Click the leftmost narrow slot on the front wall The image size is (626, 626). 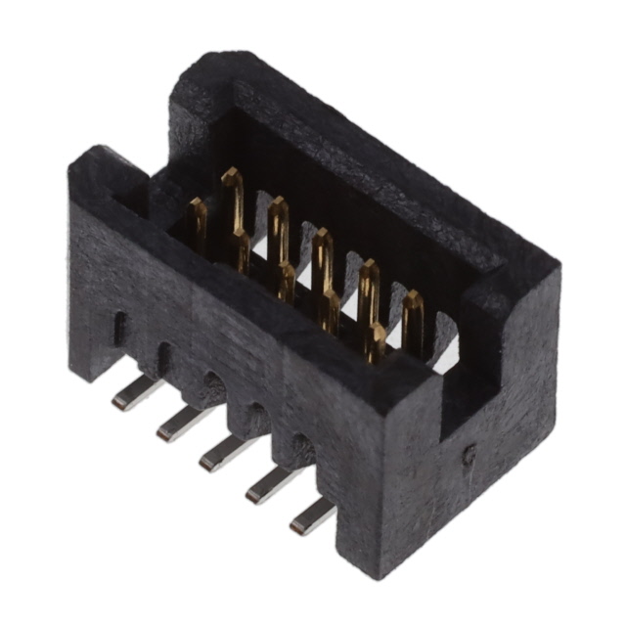(x=119, y=328)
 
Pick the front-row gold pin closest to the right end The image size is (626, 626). (x=376, y=342)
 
